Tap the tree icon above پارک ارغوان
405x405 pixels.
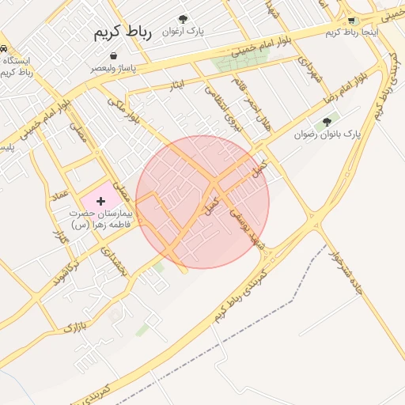click(x=184, y=18)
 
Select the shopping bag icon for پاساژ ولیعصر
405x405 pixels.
click(x=115, y=56)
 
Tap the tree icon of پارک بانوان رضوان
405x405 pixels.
click(x=326, y=122)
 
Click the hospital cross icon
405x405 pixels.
click(x=100, y=202)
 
